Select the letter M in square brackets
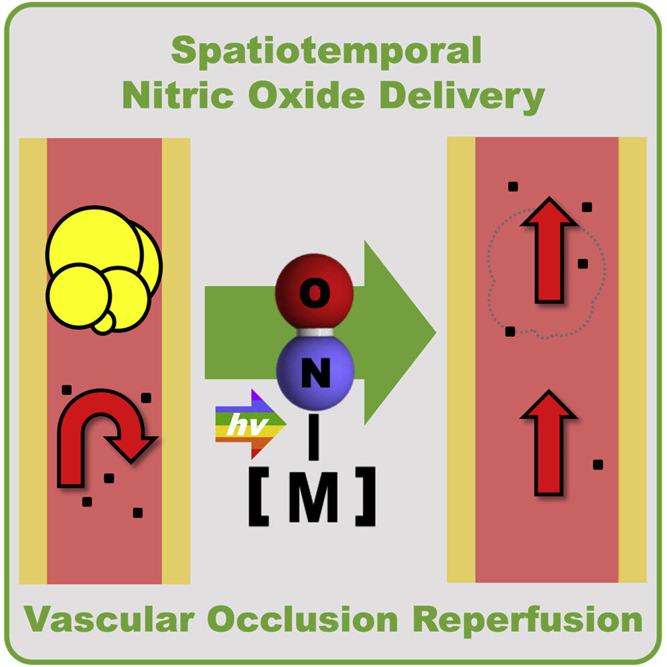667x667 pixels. coord(315,501)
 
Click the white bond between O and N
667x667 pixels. coord(313,332)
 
